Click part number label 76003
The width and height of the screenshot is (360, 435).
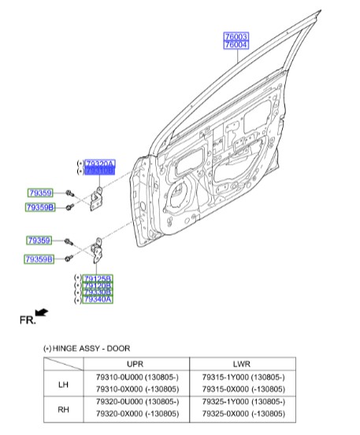click(x=236, y=37)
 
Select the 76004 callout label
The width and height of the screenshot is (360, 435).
click(x=236, y=46)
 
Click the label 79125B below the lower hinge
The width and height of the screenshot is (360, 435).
click(x=98, y=278)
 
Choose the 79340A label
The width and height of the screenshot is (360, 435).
click(x=98, y=299)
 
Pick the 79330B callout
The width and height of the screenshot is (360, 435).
click(x=98, y=292)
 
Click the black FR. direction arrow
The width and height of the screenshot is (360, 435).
click(x=41, y=313)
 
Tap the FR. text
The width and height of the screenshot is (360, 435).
click(x=26, y=321)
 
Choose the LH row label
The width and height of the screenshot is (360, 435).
click(x=63, y=384)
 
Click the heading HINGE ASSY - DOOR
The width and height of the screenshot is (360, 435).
click(x=91, y=348)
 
